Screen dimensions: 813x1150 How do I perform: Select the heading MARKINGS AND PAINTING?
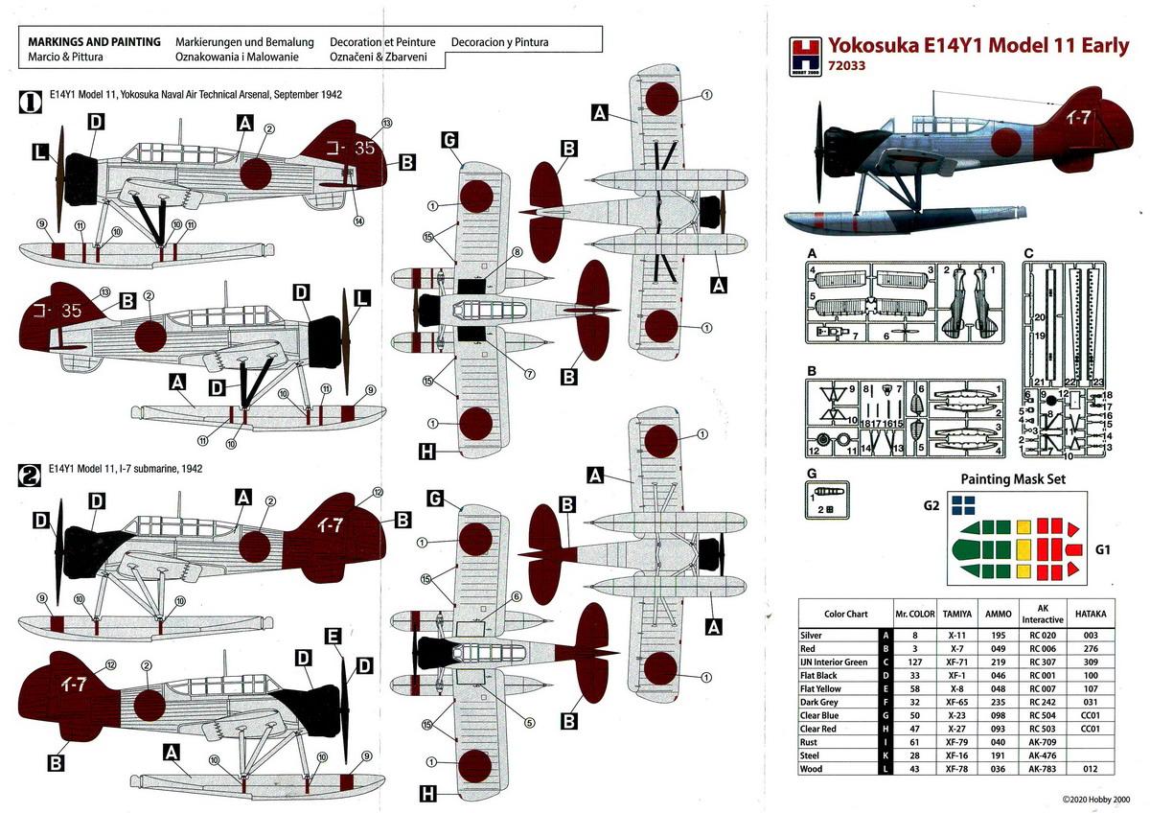pos(94,42)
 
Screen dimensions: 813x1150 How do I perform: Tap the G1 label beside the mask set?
pos(1104,550)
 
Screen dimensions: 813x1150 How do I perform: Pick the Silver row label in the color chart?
pos(814,635)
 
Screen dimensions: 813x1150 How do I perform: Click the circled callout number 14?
pos(358,221)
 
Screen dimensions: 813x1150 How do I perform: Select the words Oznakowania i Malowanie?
pos(237,58)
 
